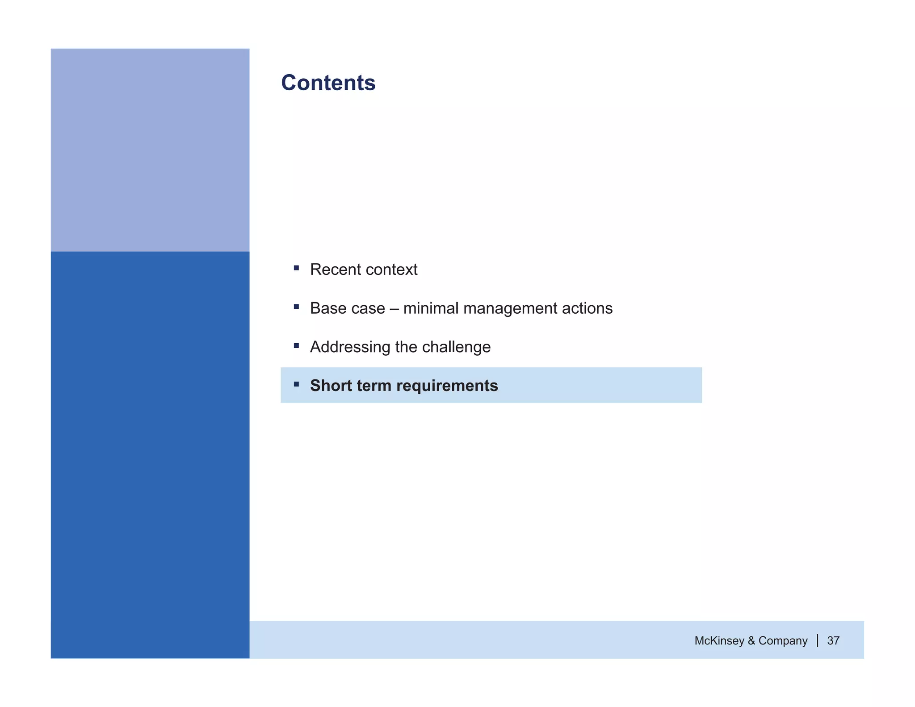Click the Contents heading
[328, 83]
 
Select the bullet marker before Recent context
[296, 268]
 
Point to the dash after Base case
[394, 308]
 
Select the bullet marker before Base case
[296, 307]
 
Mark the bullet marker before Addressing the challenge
[296, 345]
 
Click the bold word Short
[331, 386]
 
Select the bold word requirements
[447, 386]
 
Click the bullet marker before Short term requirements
[296, 384]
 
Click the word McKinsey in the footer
[719, 641]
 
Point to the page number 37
[833, 641]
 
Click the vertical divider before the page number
[818, 640]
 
